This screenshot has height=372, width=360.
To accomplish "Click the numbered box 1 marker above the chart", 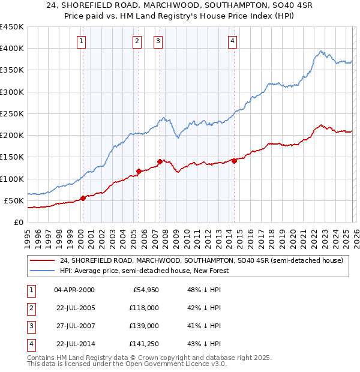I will point(82,41).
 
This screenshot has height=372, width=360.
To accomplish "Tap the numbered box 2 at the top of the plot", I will point(137,41).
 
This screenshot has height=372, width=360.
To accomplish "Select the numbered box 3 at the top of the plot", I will point(158,41).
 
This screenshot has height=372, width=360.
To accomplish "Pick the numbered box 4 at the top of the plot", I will point(232,41).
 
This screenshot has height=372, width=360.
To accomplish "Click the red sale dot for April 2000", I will point(83,198).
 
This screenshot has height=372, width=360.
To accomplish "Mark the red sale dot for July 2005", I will point(139,171).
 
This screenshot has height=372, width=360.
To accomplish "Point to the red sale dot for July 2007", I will point(160,161).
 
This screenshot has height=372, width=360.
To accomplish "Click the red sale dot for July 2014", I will point(234,160).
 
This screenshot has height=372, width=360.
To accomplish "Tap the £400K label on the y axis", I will point(12,49).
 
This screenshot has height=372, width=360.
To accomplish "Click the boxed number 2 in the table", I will point(29,307).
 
